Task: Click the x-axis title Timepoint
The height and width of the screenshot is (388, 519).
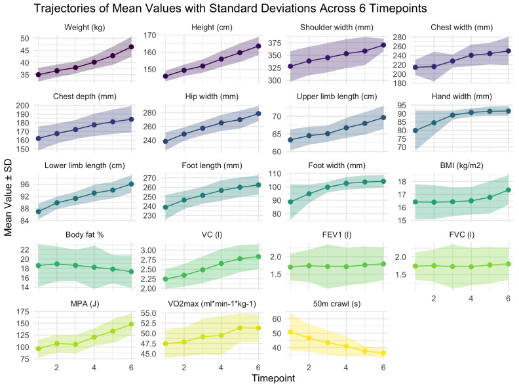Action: click(275, 379)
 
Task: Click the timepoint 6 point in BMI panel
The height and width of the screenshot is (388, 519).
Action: click(509, 190)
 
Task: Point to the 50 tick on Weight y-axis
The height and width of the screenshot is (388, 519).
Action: click(24, 39)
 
